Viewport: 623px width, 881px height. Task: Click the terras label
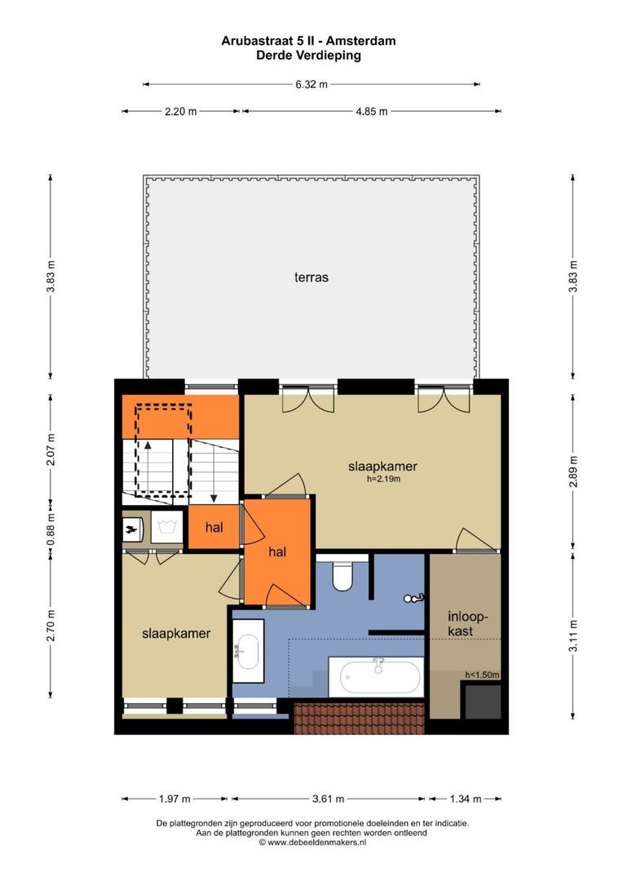[311, 277]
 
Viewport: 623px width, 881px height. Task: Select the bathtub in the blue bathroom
[376, 676]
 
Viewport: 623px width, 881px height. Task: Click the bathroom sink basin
[248, 651]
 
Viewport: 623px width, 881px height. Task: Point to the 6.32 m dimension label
[311, 85]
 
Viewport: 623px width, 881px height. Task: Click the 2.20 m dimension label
[181, 111]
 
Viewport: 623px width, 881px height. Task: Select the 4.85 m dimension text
[371, 111]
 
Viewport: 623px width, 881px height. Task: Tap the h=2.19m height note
[383, 480]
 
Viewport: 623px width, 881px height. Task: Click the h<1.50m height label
[482, 675]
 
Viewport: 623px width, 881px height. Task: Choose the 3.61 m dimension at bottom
[328, 799]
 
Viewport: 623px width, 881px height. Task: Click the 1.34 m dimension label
[465, 799]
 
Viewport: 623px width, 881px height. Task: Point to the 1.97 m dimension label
[175, 799]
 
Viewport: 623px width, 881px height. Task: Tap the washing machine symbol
[167, 527]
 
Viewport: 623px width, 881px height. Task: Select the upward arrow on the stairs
[148, 466]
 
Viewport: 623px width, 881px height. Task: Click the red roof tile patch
[359, 718]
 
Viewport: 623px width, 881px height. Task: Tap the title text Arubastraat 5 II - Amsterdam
[308, 41]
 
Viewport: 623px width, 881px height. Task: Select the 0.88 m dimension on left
[51, 527]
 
